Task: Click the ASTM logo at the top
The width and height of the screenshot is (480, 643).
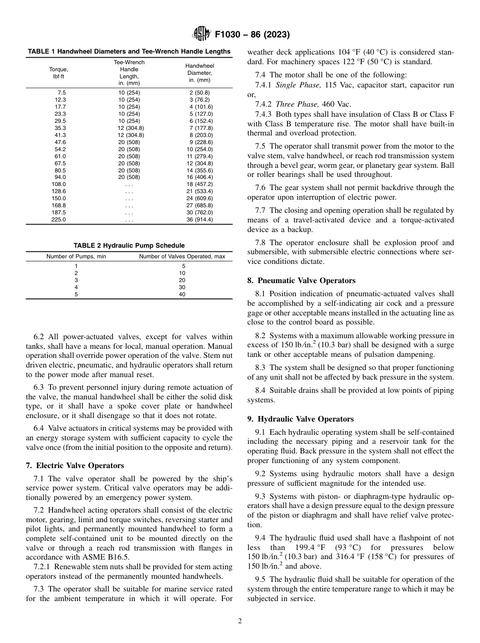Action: point(201,34)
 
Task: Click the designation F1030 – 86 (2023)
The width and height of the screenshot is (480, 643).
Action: point(252,35)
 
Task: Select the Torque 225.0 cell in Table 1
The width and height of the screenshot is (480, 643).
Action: point(59,220)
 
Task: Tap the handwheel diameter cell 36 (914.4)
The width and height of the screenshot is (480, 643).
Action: point(200,220)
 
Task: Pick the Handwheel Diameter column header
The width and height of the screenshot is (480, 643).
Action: point(200,73)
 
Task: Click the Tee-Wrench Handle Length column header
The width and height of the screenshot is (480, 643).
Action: point(129,72)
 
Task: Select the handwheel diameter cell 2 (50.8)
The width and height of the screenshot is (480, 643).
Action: point(200,93)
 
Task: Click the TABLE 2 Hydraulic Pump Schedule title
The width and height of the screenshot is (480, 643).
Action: point(129,246)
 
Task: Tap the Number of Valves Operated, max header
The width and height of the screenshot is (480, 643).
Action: point(182,257)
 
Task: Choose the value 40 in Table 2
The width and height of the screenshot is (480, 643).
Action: point(182,294)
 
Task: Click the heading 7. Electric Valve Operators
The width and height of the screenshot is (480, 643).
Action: point(75,466)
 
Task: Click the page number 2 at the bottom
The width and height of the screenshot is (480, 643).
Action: point(240,621)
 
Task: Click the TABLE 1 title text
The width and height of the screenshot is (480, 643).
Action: point(129,52)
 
